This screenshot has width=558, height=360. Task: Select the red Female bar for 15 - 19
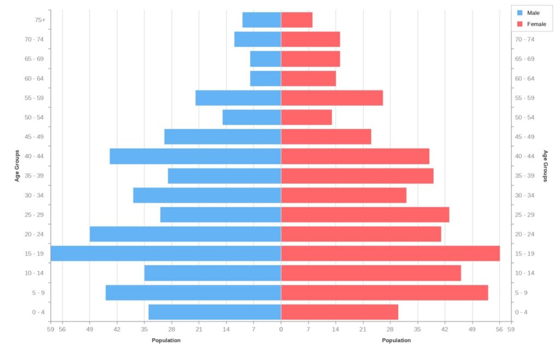click(390, 253)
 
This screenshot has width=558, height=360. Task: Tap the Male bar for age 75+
click(262, 20)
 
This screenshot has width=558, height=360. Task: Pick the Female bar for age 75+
click(296, 20)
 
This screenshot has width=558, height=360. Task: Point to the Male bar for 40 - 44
click(195, 156)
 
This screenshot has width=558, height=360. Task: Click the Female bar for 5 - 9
click(384, 292)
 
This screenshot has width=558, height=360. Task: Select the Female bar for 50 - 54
click(306, 117)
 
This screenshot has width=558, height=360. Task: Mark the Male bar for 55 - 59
click(238, 98)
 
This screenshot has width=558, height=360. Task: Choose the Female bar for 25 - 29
click(365, 215)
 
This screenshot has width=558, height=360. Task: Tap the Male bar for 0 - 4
click(215, 312)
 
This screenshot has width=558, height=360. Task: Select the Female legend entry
click(531, 24)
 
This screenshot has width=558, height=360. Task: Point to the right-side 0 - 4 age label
click(521, 312)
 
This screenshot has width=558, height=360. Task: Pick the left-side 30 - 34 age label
click(34, 196)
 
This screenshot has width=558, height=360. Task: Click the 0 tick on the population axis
click(281, 329)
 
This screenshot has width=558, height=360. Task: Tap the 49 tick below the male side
click(89, 329)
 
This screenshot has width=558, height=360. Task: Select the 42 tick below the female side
click(445, 329)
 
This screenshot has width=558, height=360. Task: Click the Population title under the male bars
click(166, 340)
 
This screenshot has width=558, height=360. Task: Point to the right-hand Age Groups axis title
click(545, 166)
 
